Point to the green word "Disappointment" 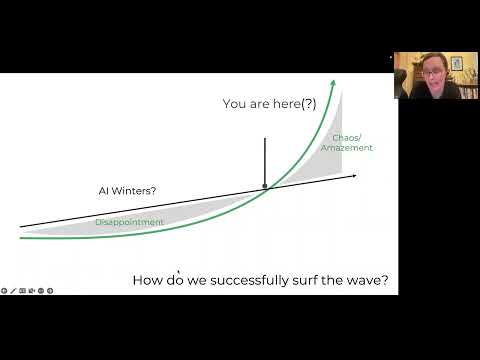[129, 222]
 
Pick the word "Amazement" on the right [346, 148]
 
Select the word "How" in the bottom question [150, 282]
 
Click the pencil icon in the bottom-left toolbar [14, 291]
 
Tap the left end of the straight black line [20, 227]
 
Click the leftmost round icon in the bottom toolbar [5, 291]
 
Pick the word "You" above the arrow [232, 103]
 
